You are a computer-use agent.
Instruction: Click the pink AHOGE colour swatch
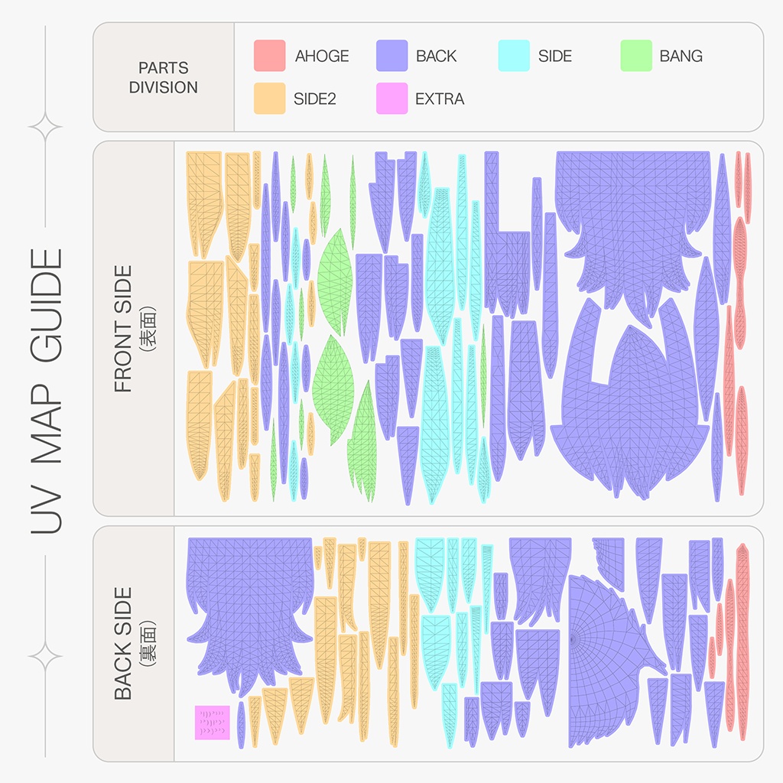point(270,55)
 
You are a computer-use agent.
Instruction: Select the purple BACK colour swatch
point(392,55)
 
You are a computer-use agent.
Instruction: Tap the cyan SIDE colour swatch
point(514,55)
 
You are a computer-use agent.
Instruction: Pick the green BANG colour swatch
point(636,55)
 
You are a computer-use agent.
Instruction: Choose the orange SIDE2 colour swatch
point(270,99)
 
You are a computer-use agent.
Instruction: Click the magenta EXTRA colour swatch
point(392,99)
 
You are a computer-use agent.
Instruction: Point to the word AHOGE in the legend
point(322,56)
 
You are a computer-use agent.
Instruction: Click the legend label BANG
point(681,56)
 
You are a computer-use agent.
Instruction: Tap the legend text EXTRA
point(440,99)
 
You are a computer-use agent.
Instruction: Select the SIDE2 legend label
point(314,99)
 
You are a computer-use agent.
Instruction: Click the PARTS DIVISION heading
point(164,77)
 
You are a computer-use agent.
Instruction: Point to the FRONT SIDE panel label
point(123,329)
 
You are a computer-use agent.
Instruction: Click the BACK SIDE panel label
point(123,643)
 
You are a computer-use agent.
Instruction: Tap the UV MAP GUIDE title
point(46,391)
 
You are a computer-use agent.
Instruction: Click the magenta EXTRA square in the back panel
point(213,723)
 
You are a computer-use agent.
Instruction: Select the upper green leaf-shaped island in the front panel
point(335,282)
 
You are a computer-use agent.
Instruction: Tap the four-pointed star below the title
point(45,656)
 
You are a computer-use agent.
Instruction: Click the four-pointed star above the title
point(45,127)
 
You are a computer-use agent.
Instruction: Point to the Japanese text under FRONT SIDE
point(148,329)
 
